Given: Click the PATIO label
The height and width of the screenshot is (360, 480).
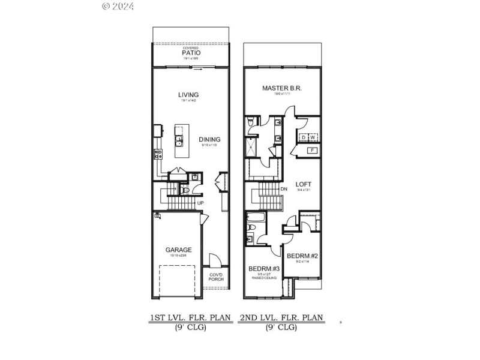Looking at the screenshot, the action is coord(191,53).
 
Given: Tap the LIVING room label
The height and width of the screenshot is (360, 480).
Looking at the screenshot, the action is coord(188,95).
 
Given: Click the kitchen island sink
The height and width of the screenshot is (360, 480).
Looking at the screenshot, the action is coord(179,141).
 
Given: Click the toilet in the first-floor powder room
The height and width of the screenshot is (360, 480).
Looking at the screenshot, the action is coord(186,191).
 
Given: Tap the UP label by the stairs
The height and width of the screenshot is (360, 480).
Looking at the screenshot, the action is coord(202,203).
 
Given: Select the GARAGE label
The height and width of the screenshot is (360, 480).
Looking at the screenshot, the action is coord(179,250).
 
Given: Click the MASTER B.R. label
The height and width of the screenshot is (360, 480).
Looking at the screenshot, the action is coord(281,88).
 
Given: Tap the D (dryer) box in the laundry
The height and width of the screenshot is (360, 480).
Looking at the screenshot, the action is coord(304,137).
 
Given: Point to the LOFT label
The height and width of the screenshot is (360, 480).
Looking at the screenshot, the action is coord(303,184).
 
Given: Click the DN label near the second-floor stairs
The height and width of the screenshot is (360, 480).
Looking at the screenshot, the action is coord(284,189).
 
